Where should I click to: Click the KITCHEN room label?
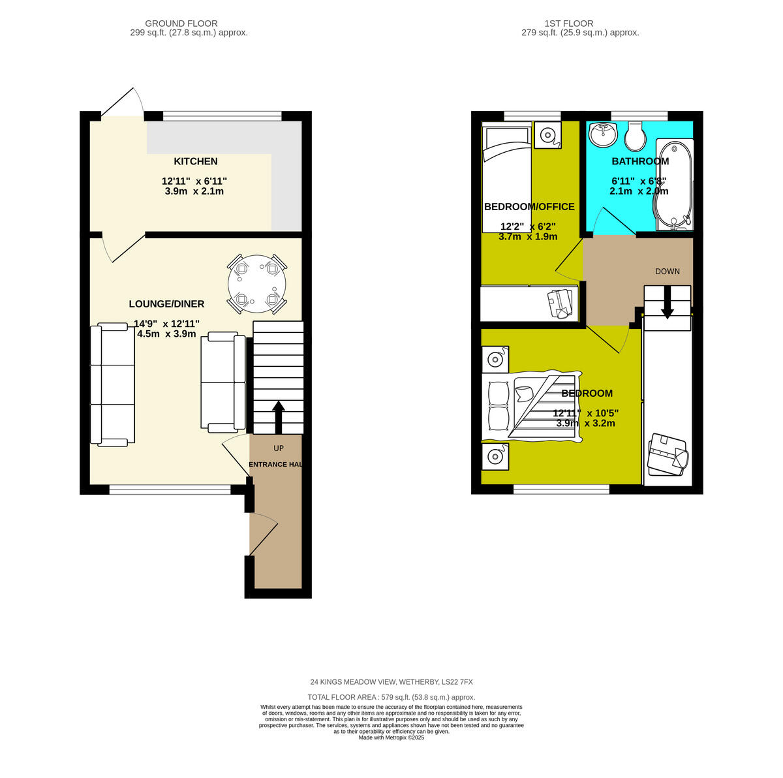195,161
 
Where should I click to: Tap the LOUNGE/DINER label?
166,303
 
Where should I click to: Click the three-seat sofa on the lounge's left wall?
112,385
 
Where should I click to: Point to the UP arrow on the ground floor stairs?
278,416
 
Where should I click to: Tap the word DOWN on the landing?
668,272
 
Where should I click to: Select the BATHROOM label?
639,161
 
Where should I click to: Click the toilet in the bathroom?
634,136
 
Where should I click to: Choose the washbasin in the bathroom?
602,135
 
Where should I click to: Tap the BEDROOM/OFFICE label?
529,207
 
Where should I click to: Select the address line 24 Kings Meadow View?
391,682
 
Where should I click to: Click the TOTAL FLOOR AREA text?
391,697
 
